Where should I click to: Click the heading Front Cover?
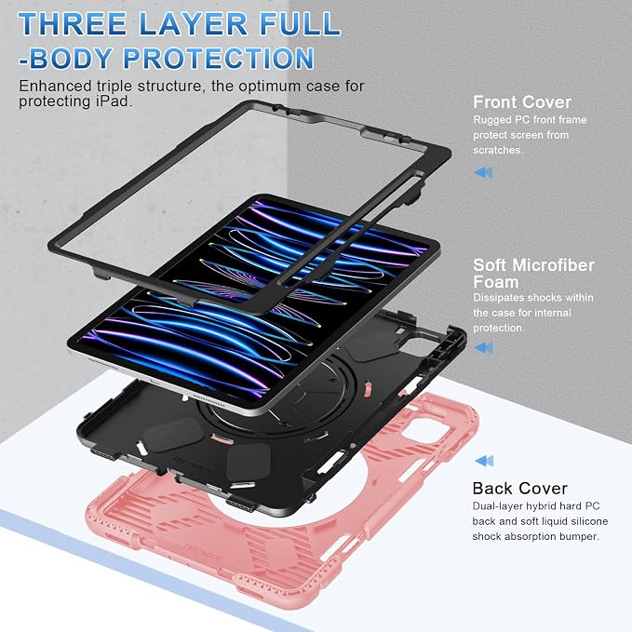click(522, 102)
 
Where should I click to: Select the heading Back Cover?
click(520, 489)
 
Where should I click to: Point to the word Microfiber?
click(553, 265)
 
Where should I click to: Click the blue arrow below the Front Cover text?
click(483, 172)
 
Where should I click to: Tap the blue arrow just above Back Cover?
click(484, 461)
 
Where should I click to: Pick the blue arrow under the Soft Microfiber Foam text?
click(483, 347)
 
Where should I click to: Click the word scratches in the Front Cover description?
click(497, 150)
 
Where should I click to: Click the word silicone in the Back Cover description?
click(585, 521)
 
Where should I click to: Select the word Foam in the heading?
click(496, 282)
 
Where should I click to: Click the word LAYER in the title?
click(193, 24)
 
